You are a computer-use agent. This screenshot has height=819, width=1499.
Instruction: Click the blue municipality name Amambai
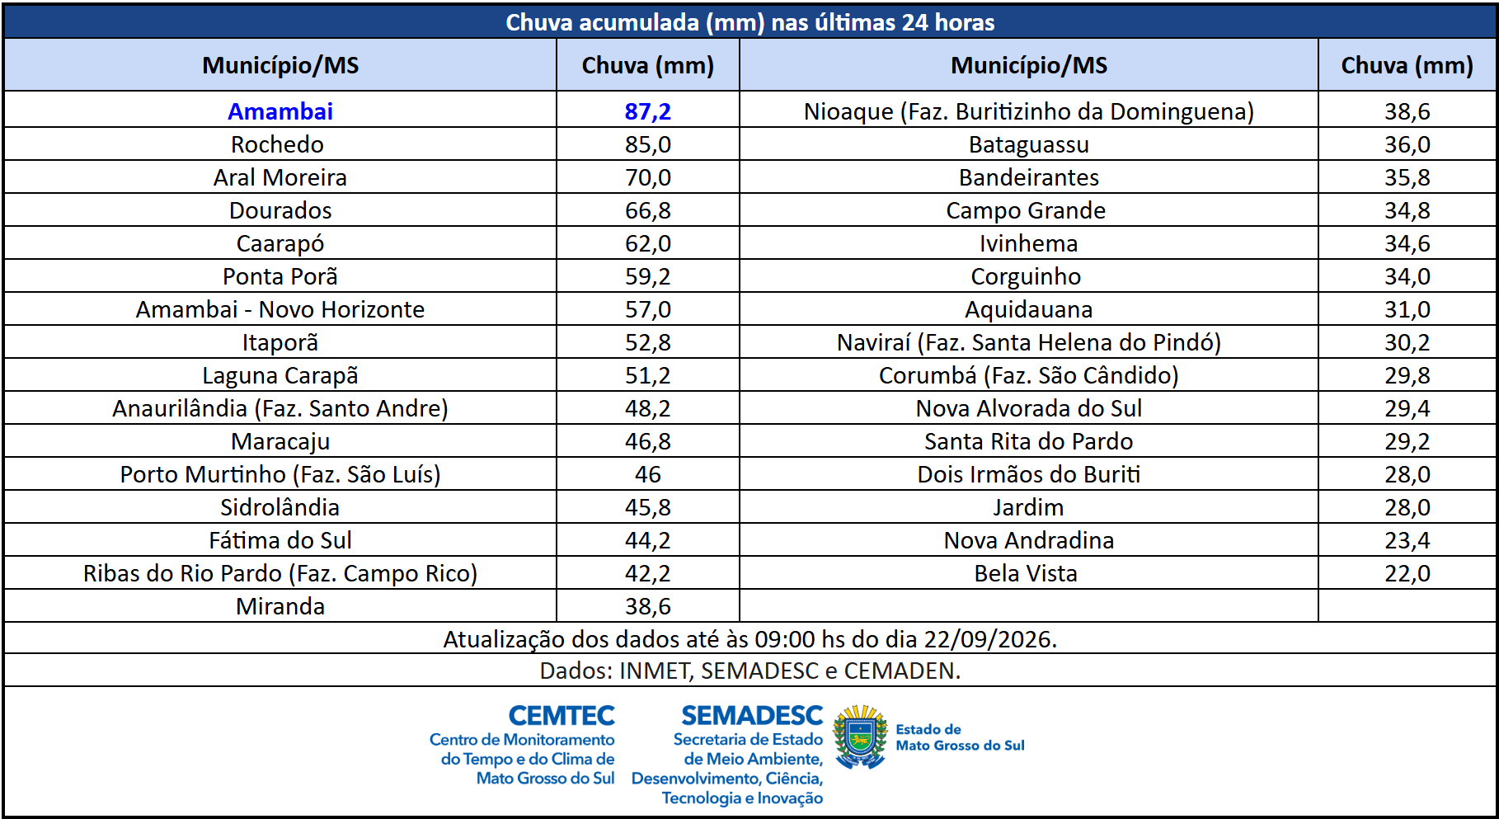point(280,111)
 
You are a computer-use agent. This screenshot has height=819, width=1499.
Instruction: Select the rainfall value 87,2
point(648,111)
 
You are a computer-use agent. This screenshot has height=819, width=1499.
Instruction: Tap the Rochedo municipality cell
point(277,144)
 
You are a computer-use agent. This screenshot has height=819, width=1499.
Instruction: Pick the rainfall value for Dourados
point(648,210)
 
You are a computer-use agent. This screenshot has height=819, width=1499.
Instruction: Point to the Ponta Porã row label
point(280,276)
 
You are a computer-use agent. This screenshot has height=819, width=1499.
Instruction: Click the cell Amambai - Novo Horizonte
point(280,309)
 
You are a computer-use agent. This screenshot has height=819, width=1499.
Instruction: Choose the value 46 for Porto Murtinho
point(648,474)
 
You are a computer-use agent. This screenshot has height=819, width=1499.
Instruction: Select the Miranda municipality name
point(280,606)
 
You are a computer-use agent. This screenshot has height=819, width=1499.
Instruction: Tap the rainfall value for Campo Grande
point(1407,210)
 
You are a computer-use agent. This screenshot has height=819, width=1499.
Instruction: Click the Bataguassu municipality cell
point(1029,144)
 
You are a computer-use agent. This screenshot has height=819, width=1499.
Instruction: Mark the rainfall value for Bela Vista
point(1407,573)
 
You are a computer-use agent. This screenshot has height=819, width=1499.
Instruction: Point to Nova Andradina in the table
point(1029,540)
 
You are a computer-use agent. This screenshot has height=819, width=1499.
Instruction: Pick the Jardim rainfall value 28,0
point(1407,507)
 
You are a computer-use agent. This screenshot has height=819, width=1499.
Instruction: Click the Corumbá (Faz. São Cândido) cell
point(1029,375)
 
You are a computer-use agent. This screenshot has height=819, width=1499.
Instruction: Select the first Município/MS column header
point(280,65)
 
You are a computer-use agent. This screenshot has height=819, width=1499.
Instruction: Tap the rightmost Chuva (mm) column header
point(1407,65)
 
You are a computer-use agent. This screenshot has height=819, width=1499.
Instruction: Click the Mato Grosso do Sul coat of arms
point(860,736)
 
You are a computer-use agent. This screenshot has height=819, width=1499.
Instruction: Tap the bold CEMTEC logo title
point(562,715)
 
